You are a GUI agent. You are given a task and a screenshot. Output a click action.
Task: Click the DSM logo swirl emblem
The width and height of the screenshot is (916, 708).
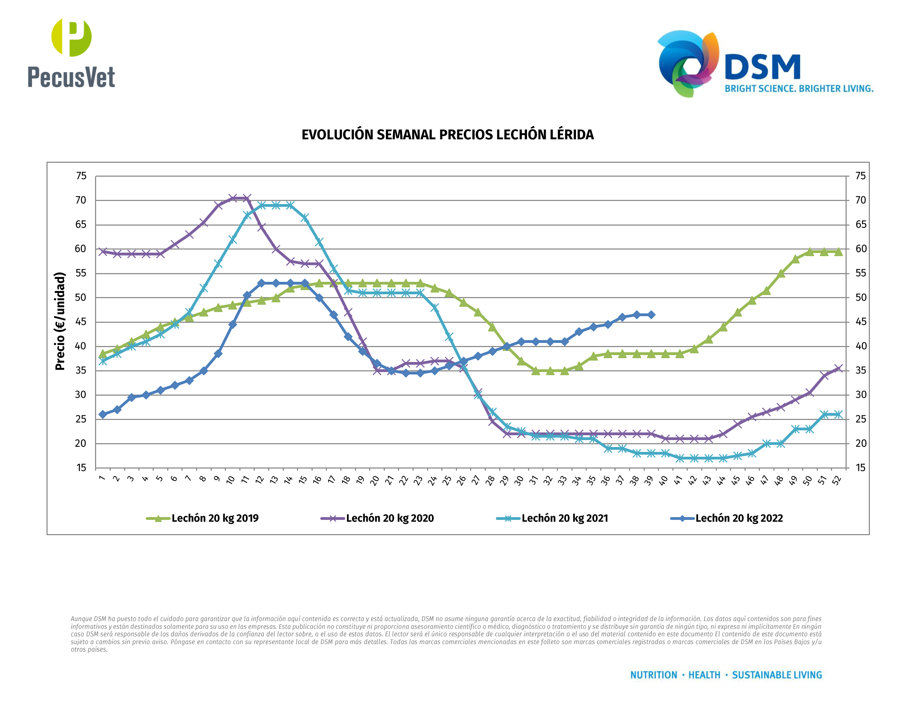pyautogui.click(x=688, y=63)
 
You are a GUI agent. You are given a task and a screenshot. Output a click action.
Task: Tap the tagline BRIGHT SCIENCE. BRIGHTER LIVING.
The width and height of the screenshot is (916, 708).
pyautogui.click(x=799, y=89)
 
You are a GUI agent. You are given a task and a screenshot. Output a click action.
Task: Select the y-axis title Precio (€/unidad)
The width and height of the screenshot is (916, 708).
pyautogui.click(x=60, y=321)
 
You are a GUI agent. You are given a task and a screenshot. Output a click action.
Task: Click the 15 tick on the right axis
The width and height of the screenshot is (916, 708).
pyautogui.click(x=860, y=468)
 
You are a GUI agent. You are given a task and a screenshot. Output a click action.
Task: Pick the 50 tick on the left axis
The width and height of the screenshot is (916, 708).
pyautogui.click(x=80, y=298)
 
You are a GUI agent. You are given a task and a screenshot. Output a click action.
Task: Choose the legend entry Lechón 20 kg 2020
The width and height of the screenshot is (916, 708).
pyautogui.click(x=377, y=519)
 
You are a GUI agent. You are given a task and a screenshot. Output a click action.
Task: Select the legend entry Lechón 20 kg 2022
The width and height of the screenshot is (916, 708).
pyautogui.click(x=727, y=519)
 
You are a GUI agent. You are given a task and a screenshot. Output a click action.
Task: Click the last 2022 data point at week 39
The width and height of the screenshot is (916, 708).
pyautogui.click(x=651, y=314)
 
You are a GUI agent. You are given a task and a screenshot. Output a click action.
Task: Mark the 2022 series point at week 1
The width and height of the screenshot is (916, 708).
pyautogui.click(x=102, y=414)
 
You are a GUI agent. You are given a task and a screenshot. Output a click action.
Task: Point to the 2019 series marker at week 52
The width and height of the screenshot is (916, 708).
pyautogui.click(x=838, y=252)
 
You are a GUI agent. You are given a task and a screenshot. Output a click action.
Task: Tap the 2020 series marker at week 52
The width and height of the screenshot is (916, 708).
pyautogui.click(x=838, y=369)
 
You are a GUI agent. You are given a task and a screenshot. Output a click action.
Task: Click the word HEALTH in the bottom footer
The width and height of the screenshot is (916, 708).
pyautogui.click(x=704, y=675)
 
